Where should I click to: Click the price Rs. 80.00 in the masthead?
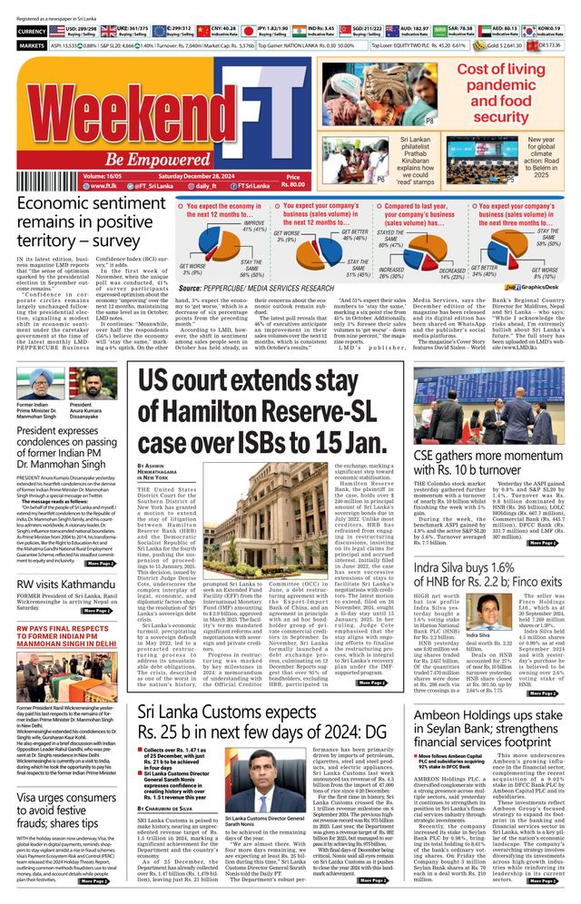tap(293, 182)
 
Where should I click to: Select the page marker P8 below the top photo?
tap(429, 121)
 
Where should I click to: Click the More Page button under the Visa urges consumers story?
tap(97, 879)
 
